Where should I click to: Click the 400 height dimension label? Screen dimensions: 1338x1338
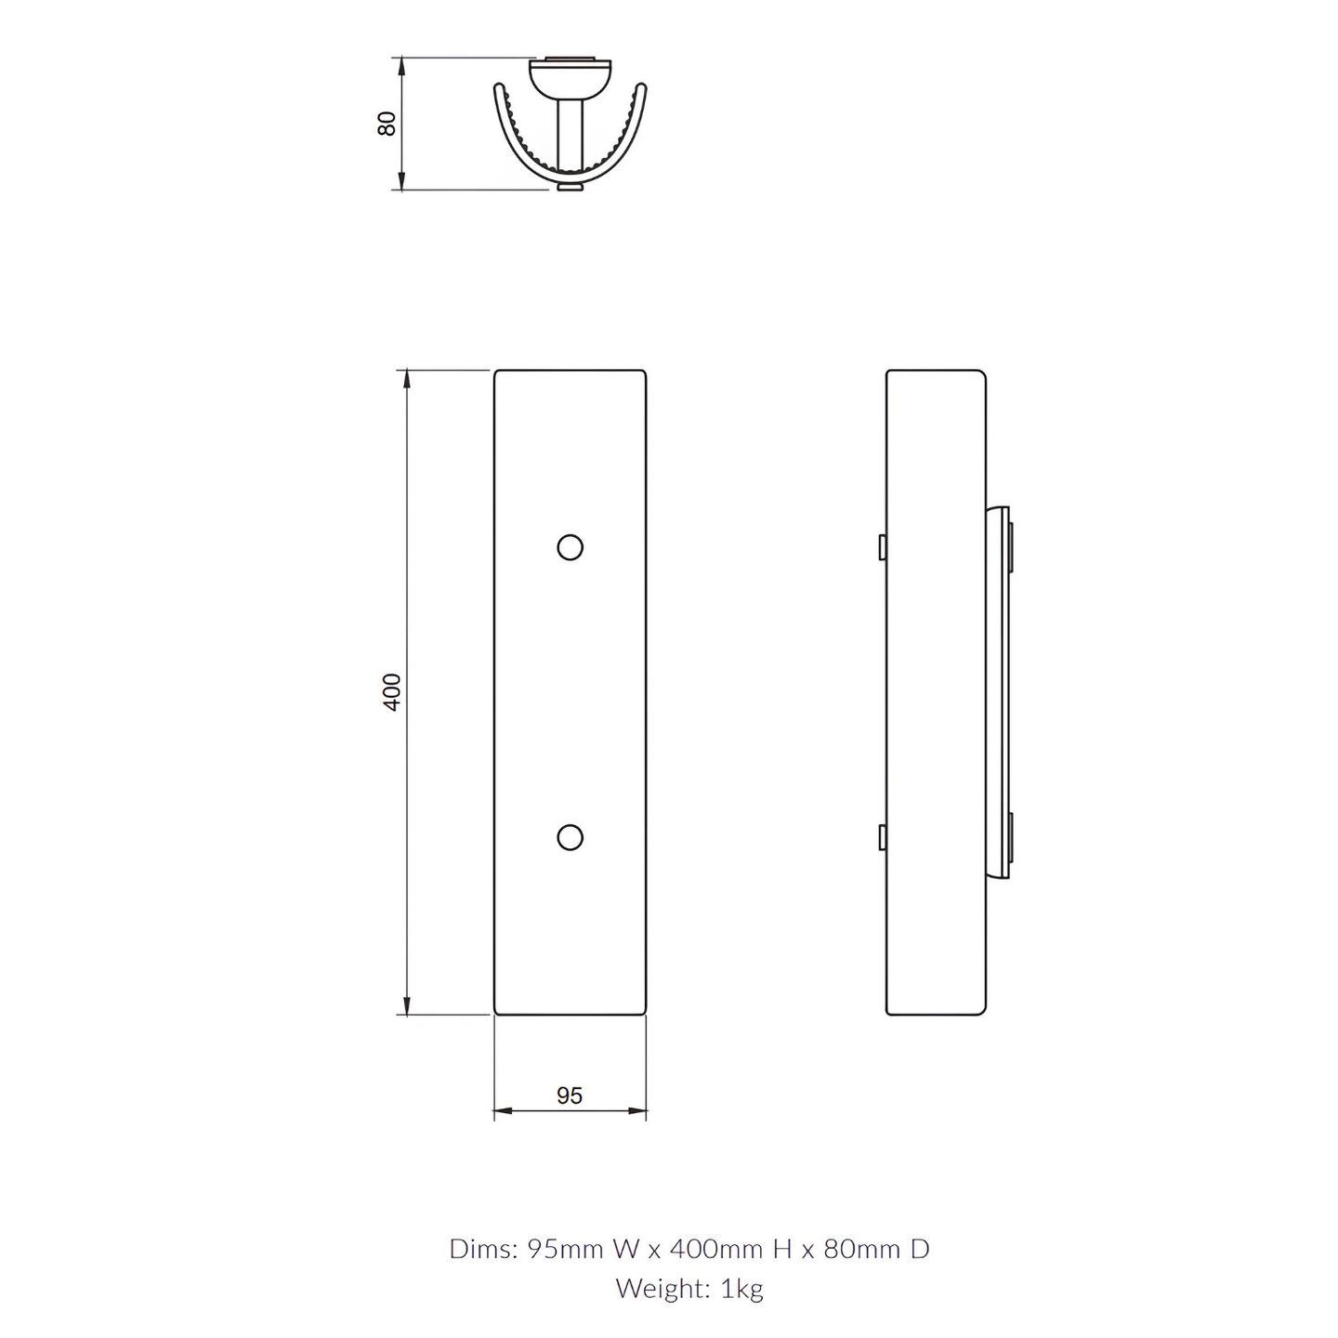392,691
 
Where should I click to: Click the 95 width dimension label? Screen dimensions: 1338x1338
569,1095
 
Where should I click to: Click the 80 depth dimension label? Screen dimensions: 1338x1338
387,124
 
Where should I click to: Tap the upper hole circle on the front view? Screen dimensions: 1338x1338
571,548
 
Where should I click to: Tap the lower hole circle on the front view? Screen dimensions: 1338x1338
571,837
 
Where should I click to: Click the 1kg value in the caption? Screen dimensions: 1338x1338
742,1289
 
